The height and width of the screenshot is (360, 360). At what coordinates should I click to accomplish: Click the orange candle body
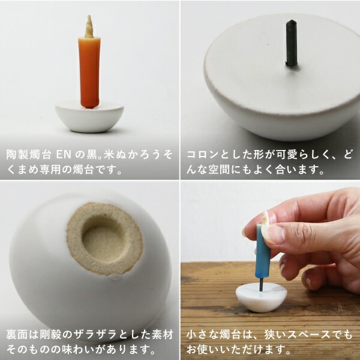[89, 73]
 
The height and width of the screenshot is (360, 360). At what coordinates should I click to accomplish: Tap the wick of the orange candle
[89, 26]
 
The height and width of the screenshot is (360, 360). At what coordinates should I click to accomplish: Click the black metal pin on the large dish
[291, 43]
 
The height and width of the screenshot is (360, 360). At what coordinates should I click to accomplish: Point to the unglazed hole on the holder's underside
[104, 239]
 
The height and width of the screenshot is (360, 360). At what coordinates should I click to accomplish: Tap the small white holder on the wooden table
[261, 298]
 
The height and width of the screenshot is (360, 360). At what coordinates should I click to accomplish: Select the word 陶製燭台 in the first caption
[28, 155]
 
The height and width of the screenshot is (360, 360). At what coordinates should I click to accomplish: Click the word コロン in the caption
[202, 155]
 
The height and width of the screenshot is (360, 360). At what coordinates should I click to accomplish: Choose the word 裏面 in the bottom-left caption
[17, 334]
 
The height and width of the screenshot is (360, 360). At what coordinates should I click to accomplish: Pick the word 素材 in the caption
[163, 334]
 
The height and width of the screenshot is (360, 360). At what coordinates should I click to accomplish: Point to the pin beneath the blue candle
[261, 284]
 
